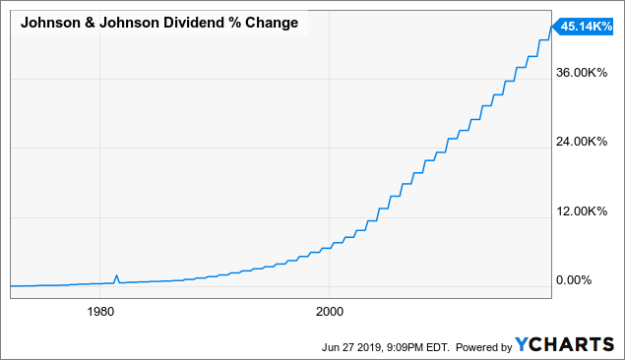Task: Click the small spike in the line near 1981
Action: click(117, 276)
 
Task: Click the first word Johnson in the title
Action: click(50, 23)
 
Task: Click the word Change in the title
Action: click(277, 23)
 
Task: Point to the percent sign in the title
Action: click(244, 23)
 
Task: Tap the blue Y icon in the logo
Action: click(523, 345)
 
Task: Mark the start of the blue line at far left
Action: click(10, 285)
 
